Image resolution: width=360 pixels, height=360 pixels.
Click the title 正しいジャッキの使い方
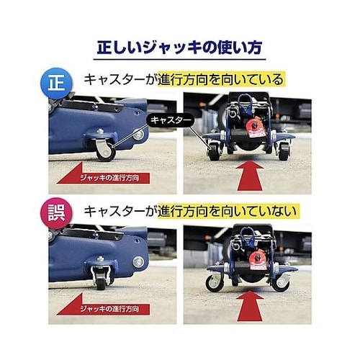[x=180, y=48]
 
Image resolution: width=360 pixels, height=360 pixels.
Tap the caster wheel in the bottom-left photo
[x=102, y=282]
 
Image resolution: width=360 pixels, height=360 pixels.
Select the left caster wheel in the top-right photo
[x=215, y=153]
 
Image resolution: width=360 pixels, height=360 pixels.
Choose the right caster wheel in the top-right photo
[x=283, y=152]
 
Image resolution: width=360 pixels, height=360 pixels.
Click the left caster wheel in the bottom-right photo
[x=214, y=282]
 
